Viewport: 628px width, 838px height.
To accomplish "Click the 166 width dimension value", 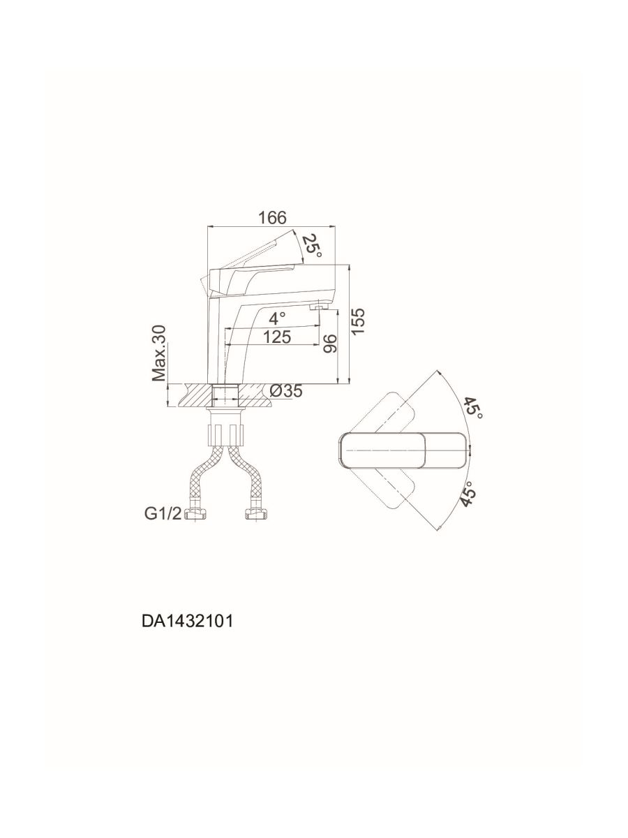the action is tap(272, 218).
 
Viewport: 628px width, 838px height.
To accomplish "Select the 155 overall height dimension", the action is tap(358, 321).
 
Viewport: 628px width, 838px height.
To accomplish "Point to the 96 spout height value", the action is tap(331, 343).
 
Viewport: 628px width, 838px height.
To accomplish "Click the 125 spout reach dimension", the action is tap(277, 337).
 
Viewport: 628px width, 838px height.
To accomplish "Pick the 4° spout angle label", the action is tap(277, 317).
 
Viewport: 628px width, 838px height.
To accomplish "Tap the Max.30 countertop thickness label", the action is tap(159, 353).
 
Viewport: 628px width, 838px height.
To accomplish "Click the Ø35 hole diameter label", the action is tap(286, 390).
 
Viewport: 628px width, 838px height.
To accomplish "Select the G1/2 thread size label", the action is tap(163, 514).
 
